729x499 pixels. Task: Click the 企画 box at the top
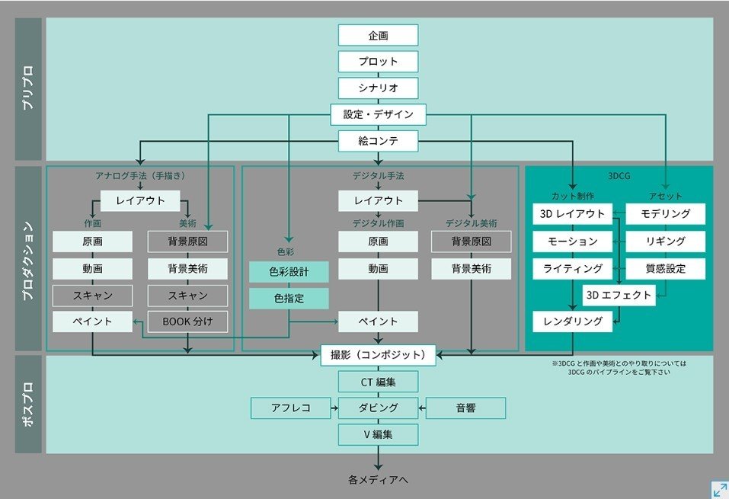click(378, 35)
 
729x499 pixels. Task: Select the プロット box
click(378, 62)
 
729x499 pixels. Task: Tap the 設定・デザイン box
click(378, 114)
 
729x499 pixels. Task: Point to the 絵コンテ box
click(378, 141)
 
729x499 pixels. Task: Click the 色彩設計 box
click(289, 272)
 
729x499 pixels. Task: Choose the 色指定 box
click(289, 299)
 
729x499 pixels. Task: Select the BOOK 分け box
click(187, 321)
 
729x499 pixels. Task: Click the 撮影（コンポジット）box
click(378, 354)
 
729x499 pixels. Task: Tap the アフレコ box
click(291, 408)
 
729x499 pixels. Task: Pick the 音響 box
click(465, 408)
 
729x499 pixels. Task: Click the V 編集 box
click(378, 434)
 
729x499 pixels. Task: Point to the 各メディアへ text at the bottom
click(378, 480)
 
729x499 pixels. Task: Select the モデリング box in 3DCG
click(665, 214)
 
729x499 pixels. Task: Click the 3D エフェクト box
click(619, 295)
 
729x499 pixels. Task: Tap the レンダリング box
click(572, 321)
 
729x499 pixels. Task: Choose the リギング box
click(665, 242)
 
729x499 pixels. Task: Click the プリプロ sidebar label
click(29, 90)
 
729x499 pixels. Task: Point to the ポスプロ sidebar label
click(29, 404)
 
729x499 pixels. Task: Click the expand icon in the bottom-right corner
click(718, 489)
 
